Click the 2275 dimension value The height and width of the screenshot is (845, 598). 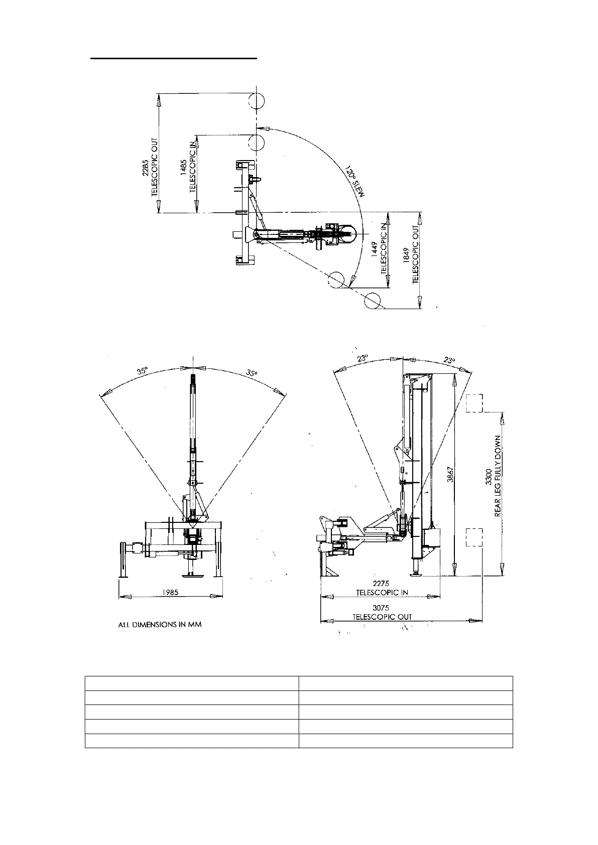click(x=382, y=584)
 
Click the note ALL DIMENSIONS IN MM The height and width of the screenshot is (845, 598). click(x=160, y=625)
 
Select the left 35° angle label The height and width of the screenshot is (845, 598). click(x=142, y=371)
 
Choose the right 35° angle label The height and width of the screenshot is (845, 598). click(x=252, y=373)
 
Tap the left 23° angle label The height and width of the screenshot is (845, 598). click(x=363, y=358)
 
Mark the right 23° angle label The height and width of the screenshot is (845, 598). click(x=449, y=360)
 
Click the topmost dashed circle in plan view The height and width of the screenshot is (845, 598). click(x=256, y=101)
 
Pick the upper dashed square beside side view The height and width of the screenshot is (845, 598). click(x=474, y=403)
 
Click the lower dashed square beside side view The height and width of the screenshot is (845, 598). click(x=474, y=537)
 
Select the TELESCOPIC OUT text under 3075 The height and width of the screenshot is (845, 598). click(x=382, y=617)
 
